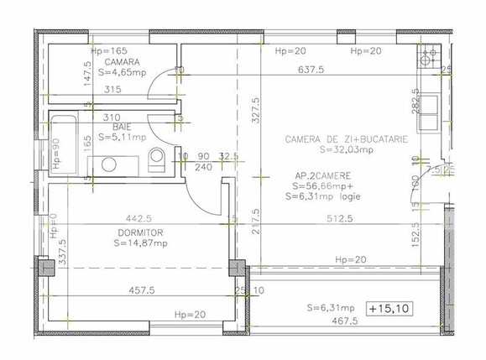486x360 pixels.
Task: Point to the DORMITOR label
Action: click(x=139, y=232)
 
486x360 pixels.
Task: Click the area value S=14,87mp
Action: click(x=141, y=244)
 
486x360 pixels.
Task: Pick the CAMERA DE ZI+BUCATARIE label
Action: click(x=346, y=139)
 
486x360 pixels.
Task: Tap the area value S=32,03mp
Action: click(x=346, y=151)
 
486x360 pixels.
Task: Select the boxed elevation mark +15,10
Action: click(x=389, y=308)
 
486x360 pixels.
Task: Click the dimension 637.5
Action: click(x=312, y=71)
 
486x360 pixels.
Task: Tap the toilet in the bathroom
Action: click(x=155, y=159)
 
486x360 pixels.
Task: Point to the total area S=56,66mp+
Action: click(x=321, y=186)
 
